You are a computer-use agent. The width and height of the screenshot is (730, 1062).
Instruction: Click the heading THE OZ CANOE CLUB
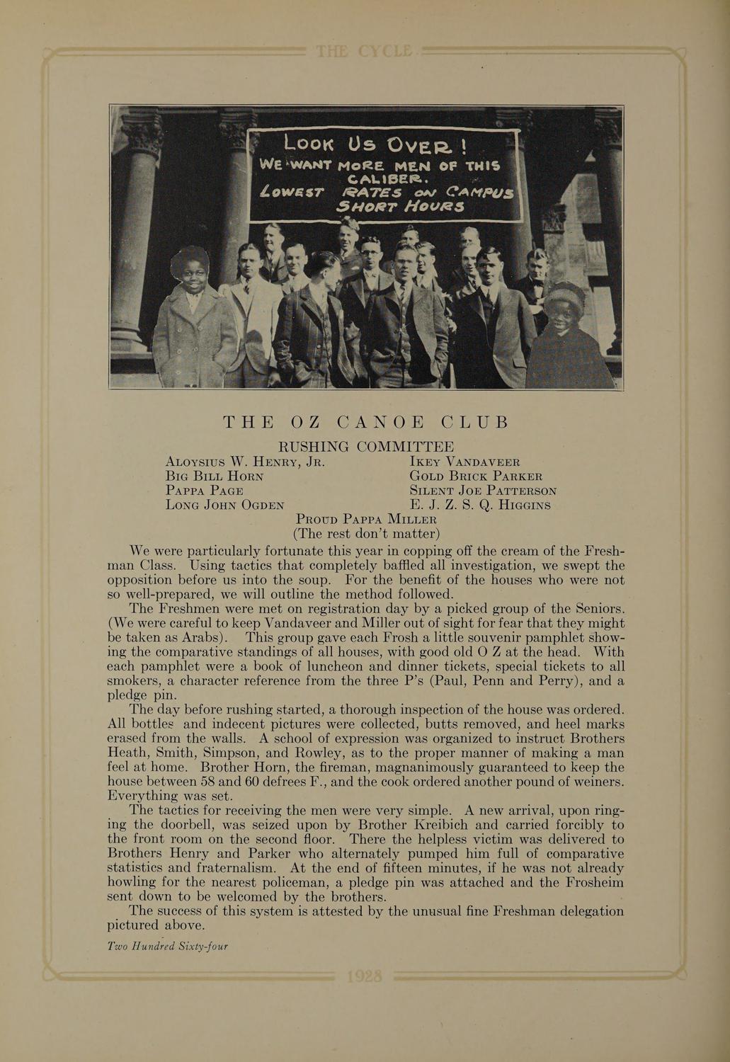pyautogui.click(x=366, y=423)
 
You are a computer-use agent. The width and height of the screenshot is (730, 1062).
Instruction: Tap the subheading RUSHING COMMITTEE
pyautogui.click(x=365, y=447)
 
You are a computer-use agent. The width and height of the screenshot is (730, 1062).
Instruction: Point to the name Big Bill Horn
pyautogui.click(x=214, y=476)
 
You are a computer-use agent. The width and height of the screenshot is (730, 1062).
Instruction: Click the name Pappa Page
pyautogui.click(x=204, y=490)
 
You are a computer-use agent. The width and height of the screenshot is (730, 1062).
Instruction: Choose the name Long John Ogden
pyautogui.click(x=224, y=505)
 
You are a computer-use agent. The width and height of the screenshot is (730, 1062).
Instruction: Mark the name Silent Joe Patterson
pyautogui.click(x=483, y=490)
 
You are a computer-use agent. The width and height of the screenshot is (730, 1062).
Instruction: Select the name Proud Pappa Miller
pyautogui.click(x=366, y=519)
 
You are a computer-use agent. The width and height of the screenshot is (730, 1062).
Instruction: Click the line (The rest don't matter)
pyautogui.click(x=366, y=533)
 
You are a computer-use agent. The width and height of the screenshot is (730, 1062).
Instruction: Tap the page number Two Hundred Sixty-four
pyautogui.click(x=167, y=946)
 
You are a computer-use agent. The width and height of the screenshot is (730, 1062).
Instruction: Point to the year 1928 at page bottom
pyautogui.click(x=365, y=977)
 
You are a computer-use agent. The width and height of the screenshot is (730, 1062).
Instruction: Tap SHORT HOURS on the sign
pyautogui.click(x=401, y=207)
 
